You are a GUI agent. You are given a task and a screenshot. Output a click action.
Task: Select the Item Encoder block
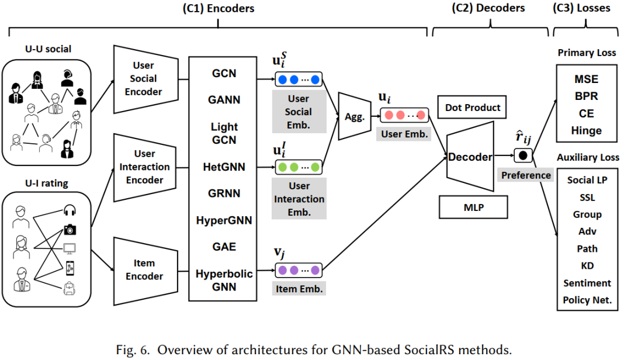pos(145,269)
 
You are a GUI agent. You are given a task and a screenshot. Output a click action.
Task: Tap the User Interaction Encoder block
pos(145,167)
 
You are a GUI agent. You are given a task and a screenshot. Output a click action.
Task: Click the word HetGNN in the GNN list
pos(224,168)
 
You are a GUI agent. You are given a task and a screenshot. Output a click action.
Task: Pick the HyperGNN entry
pos(224,220)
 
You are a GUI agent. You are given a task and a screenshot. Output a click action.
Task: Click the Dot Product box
pos(473,108)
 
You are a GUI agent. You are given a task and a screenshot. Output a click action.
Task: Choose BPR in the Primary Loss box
pos(586,95)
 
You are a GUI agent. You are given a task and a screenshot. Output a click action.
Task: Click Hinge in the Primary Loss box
pos(586,130)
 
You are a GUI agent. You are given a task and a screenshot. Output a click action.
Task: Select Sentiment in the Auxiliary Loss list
pos(587,283)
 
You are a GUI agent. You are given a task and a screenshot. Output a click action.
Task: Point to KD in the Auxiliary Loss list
pos(587,266)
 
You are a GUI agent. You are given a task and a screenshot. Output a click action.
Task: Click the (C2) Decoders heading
pos(488,8)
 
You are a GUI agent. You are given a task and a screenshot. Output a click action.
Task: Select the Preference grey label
pos(526,175)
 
